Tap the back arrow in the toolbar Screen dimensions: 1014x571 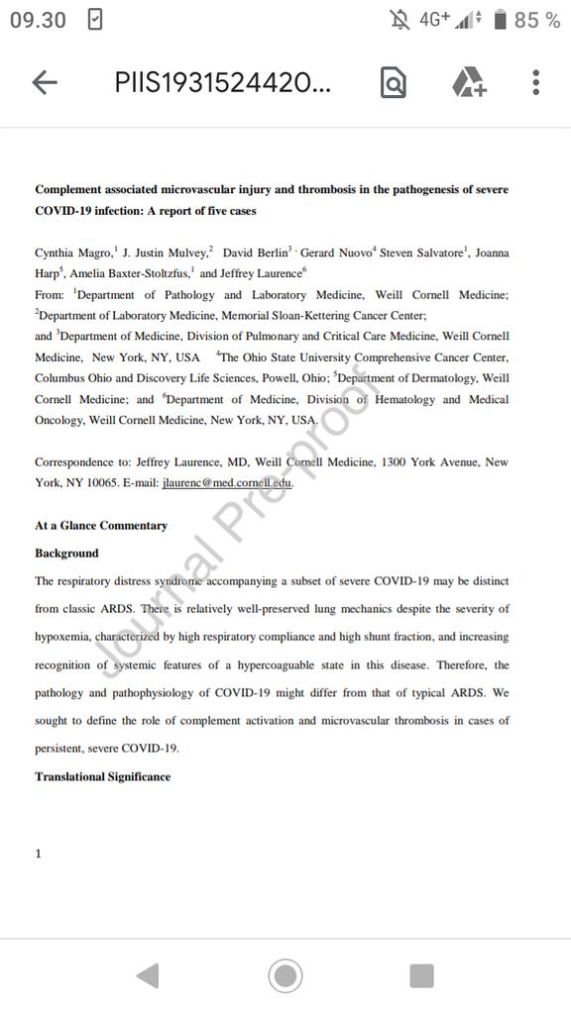[x=45, y=83]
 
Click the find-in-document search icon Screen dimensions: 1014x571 [x=394, y=83]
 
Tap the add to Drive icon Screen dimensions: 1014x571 [x=469, y=83]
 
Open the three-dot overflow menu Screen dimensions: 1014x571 [x=535, y=83]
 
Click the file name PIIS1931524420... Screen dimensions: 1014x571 [x=223, y=83]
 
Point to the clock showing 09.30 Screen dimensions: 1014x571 [x=38, y=20]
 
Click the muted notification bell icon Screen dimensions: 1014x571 [x=400, y=20]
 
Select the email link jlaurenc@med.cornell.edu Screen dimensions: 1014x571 [x=227, y=482]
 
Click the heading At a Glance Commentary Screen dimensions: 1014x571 [x=101, y=526]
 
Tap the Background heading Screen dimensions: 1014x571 [x=66, y=554]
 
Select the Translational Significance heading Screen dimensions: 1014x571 [x=102, y=776]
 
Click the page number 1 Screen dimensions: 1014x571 [x=39, y=853]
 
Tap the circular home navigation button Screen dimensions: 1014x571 [x=285, y=976]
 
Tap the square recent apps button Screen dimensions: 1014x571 [x=421, y=976]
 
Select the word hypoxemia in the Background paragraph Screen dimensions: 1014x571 [x=64, y=637]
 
